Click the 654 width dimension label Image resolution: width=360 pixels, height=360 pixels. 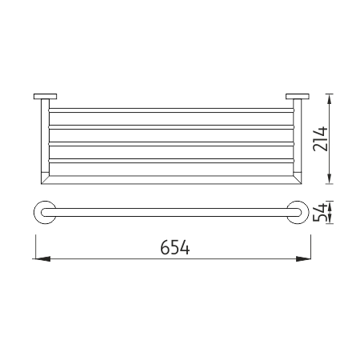(x=175, y=247)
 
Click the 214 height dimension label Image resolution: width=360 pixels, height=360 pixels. (x=320, y=139)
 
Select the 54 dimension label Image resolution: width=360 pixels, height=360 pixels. (x=319, y=213)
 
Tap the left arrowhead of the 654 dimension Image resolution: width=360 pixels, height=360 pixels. (x=42, y=258)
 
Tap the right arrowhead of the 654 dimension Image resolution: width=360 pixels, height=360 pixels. (x=304, y=258)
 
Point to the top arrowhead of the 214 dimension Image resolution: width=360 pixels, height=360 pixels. (x=330, y=100)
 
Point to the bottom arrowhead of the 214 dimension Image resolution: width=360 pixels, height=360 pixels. (x=330, y=178)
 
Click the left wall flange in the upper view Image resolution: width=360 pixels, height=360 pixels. (x=46, y=96)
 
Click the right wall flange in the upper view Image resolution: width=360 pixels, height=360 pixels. (x=298, y=96)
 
